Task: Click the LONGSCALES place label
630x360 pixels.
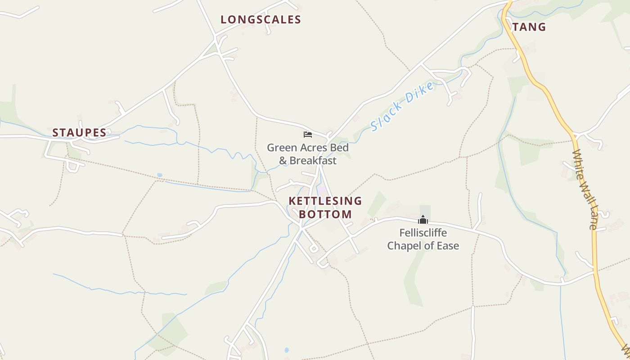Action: point(261,19)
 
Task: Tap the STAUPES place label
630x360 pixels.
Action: point(79,132)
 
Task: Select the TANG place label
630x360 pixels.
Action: point(529,27)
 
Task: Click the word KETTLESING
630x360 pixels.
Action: point(325,201)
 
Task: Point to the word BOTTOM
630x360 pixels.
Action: point(325,214)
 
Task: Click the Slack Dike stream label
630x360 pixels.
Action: point(403,106)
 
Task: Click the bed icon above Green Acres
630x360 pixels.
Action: point(308,134)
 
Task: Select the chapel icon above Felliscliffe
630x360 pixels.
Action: point(423,220)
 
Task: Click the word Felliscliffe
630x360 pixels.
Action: point(423,233)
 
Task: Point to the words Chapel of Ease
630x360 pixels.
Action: point(423,246)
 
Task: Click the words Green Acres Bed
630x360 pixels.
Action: point(308,147)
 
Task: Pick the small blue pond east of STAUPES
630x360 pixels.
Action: point(160,175)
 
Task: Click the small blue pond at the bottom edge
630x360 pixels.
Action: point(287,350)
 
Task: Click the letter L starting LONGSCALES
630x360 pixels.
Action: point(224,19)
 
